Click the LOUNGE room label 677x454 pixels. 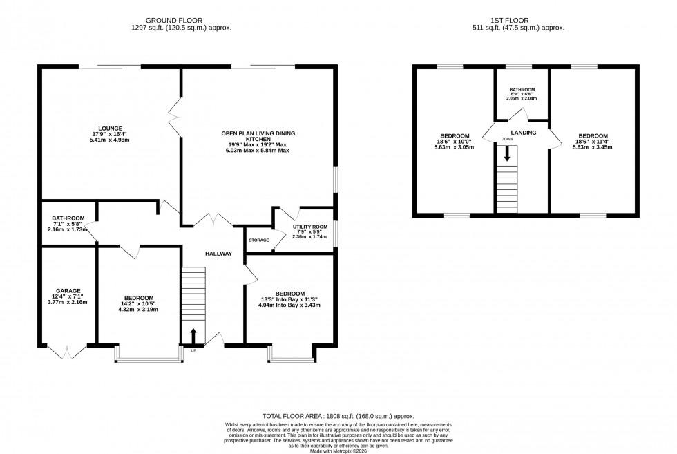[x=110, y=128]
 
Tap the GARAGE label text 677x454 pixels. [x=68, y=291]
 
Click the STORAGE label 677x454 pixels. [x=258, y=240]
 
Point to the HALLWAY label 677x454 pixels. [x=218, y=254]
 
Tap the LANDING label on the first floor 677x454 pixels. [x=524, y=132]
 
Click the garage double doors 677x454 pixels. [x=67, y=352]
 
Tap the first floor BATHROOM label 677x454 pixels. [x=522, y=90]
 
